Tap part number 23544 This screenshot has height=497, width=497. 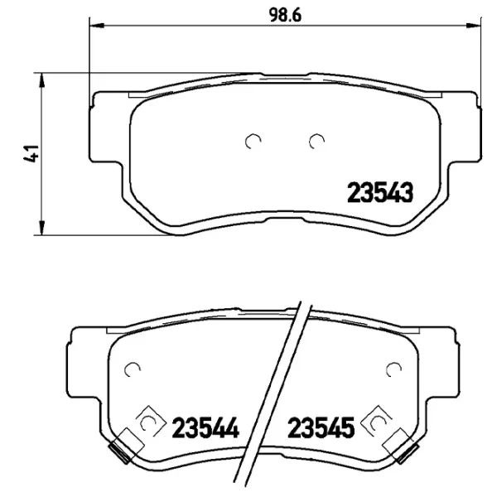click(x=205, y=428)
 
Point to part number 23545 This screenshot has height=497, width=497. click(x=321, y=428)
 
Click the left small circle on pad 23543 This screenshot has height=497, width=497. click(x=253, y=142)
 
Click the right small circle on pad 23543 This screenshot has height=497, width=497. click(x=315, y=142)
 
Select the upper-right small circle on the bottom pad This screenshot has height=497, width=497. click(x=393, y=369)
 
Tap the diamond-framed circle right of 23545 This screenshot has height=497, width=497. click(x=378, y=422)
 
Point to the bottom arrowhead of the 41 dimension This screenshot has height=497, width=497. click(x=41, y=230)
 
